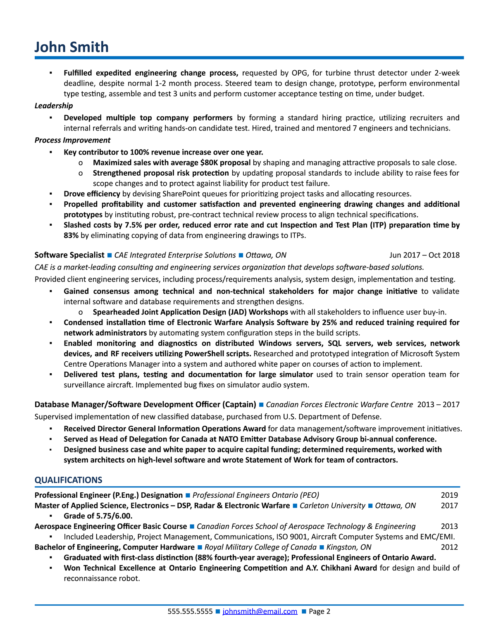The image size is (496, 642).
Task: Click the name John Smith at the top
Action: pos(72,47)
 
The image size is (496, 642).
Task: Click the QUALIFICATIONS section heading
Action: pos(68,480)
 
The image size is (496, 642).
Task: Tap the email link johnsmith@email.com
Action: pos(260,611)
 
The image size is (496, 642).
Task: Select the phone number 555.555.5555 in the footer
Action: pos(190,611)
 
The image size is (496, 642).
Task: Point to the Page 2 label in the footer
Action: pos(320,611)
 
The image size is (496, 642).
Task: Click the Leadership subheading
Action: pos(54,106)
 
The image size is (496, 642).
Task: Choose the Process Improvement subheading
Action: pos(72,140)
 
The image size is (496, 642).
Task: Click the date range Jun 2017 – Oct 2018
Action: pos(424,255)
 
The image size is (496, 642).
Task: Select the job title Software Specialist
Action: pos(69,255)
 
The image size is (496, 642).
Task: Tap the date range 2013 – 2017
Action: pos(438,404)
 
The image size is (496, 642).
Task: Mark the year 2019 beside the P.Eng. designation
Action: pos(449,495)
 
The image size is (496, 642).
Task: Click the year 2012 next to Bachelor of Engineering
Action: pos(449,547)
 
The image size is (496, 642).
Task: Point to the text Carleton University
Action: pos(332,506)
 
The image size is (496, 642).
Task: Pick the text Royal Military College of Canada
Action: pos(260,547)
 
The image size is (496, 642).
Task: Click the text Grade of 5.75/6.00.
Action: pos(98,516)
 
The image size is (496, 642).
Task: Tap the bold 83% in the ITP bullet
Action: pos(71,236)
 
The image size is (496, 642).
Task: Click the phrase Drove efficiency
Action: pos(92,194)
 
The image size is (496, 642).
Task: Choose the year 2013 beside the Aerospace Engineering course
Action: pos(449,526)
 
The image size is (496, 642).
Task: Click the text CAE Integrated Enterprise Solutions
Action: pos(175,255)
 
